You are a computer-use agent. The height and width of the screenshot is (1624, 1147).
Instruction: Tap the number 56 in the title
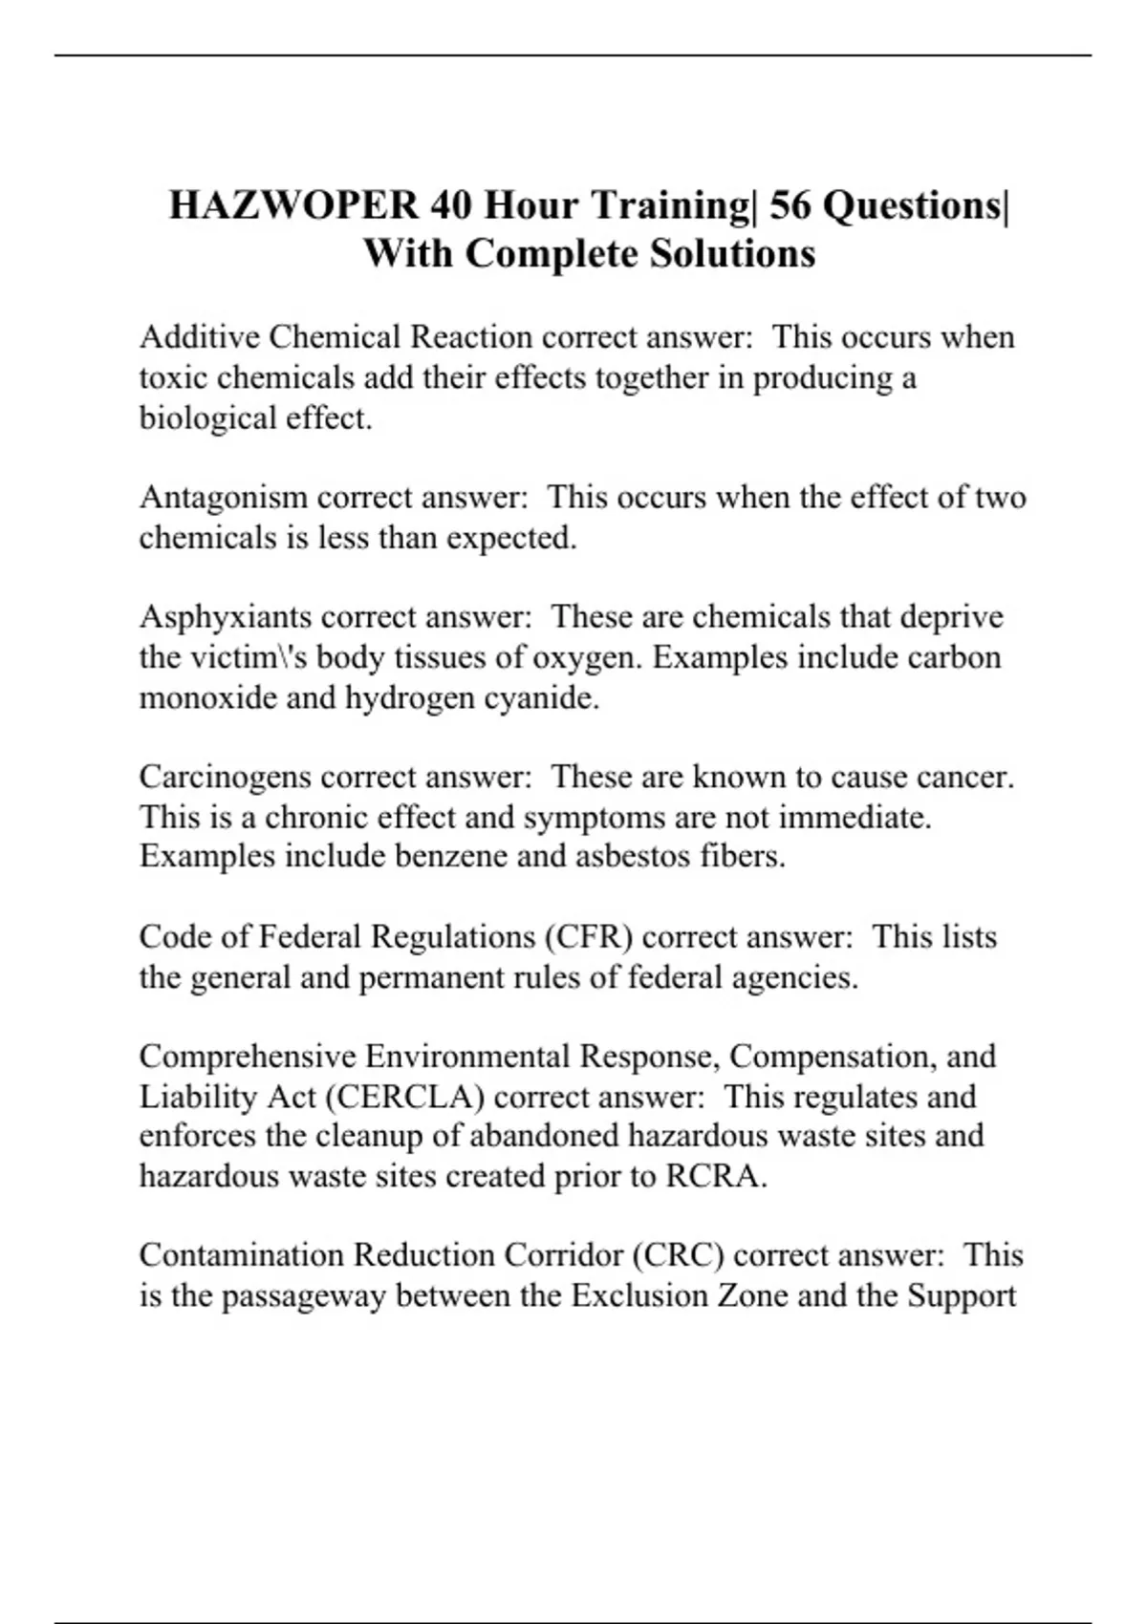click(x=790, y=205)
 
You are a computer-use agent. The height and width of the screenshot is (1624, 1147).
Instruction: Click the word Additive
click(x=199, y=337)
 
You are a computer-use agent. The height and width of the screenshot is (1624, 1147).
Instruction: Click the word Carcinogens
click(x=226, y=777)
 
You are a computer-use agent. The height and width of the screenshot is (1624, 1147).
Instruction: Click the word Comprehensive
click(x=247, y=1057)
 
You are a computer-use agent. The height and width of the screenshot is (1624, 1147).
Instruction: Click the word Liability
click(x=198, y=1097)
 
